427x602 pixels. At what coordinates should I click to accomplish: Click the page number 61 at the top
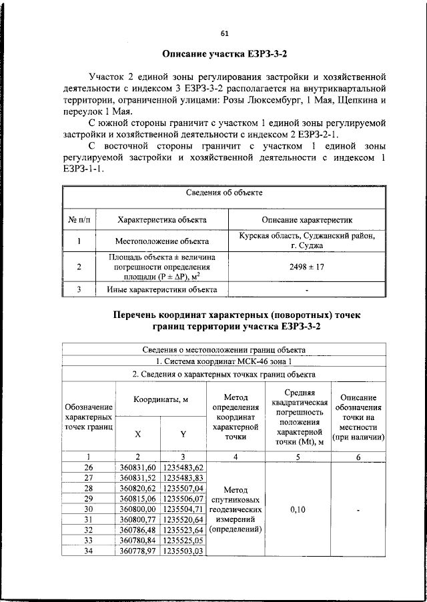pos(224,34)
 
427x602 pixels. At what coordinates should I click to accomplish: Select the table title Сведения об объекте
pos(224,193)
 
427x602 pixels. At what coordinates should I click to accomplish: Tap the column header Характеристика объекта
pos(161,219)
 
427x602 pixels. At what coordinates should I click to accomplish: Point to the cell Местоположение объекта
pos(161,241)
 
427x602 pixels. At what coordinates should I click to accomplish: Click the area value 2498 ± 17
pos(307,267)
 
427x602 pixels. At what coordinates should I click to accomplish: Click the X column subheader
pos(138,433)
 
